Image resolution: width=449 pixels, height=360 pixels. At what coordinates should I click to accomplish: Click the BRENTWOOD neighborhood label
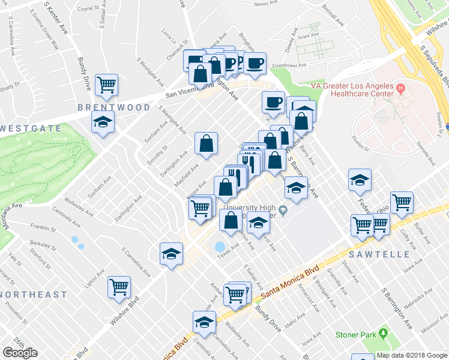pyautogui.click(x=113, y=107)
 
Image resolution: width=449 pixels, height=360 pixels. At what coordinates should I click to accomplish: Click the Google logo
pyautogui.click(x=20, y=353)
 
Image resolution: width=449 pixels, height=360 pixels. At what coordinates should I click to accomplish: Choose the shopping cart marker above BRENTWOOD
pyautogui.click(x=106, y=85)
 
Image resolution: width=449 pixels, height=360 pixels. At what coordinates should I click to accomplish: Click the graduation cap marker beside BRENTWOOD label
pyautogui.click(x=103, y=123)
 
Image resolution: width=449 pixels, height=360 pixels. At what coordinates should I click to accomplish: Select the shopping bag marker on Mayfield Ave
pyautogui.click(x=206, y=144)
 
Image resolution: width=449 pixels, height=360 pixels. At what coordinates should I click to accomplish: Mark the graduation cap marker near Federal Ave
pyautogui.click(x=360, y=179)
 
